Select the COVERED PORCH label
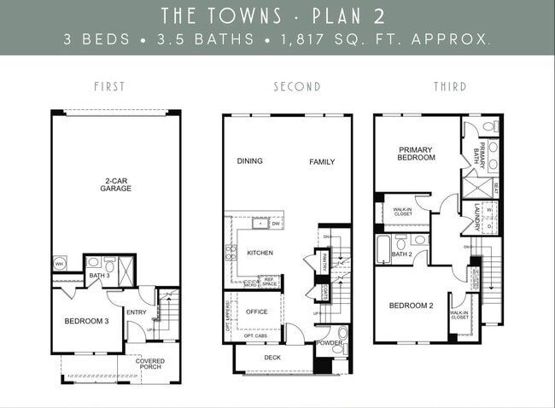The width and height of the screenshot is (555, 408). (x=150, y=364)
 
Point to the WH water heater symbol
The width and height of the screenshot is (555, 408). (x=60, y=264)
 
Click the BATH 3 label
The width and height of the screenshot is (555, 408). (x=100, y=275)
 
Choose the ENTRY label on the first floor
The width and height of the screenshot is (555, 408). (x=137, y=312)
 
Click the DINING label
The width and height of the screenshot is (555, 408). (x=250, y=161)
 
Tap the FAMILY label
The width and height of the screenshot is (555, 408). (x=322, y=161)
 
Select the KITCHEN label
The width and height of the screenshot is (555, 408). (x=260, y=254)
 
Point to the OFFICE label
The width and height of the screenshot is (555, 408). (x=257, y=312)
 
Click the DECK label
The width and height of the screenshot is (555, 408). (x=272, y=358)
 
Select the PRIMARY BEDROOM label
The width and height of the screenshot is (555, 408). (x=416, y=153)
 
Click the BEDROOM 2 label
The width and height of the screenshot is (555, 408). (x=412, y=306)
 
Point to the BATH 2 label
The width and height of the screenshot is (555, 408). (x=402, y=254)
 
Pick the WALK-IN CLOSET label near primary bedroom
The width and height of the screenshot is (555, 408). (x=404, y=210)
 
